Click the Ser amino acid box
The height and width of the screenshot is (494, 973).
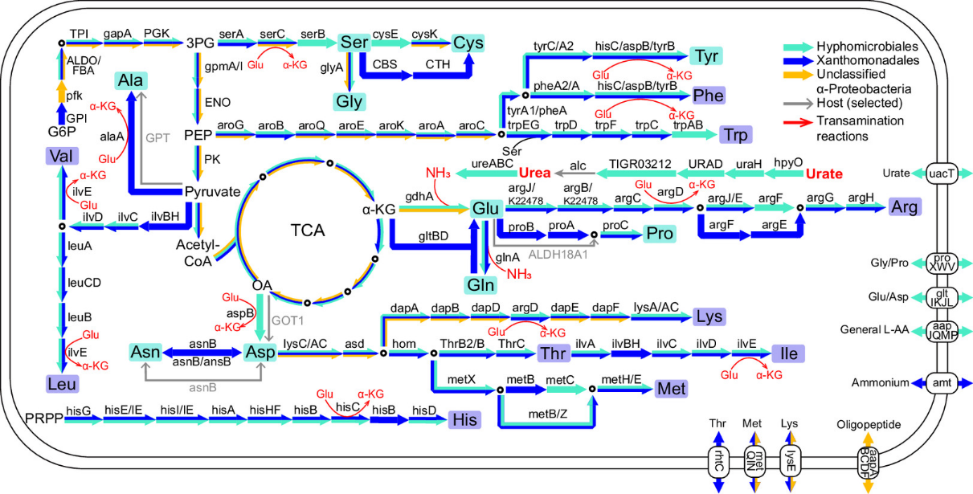tap(354, 42)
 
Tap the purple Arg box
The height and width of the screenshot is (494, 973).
tap(905, 207)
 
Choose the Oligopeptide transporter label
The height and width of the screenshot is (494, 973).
tap(869, 424)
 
